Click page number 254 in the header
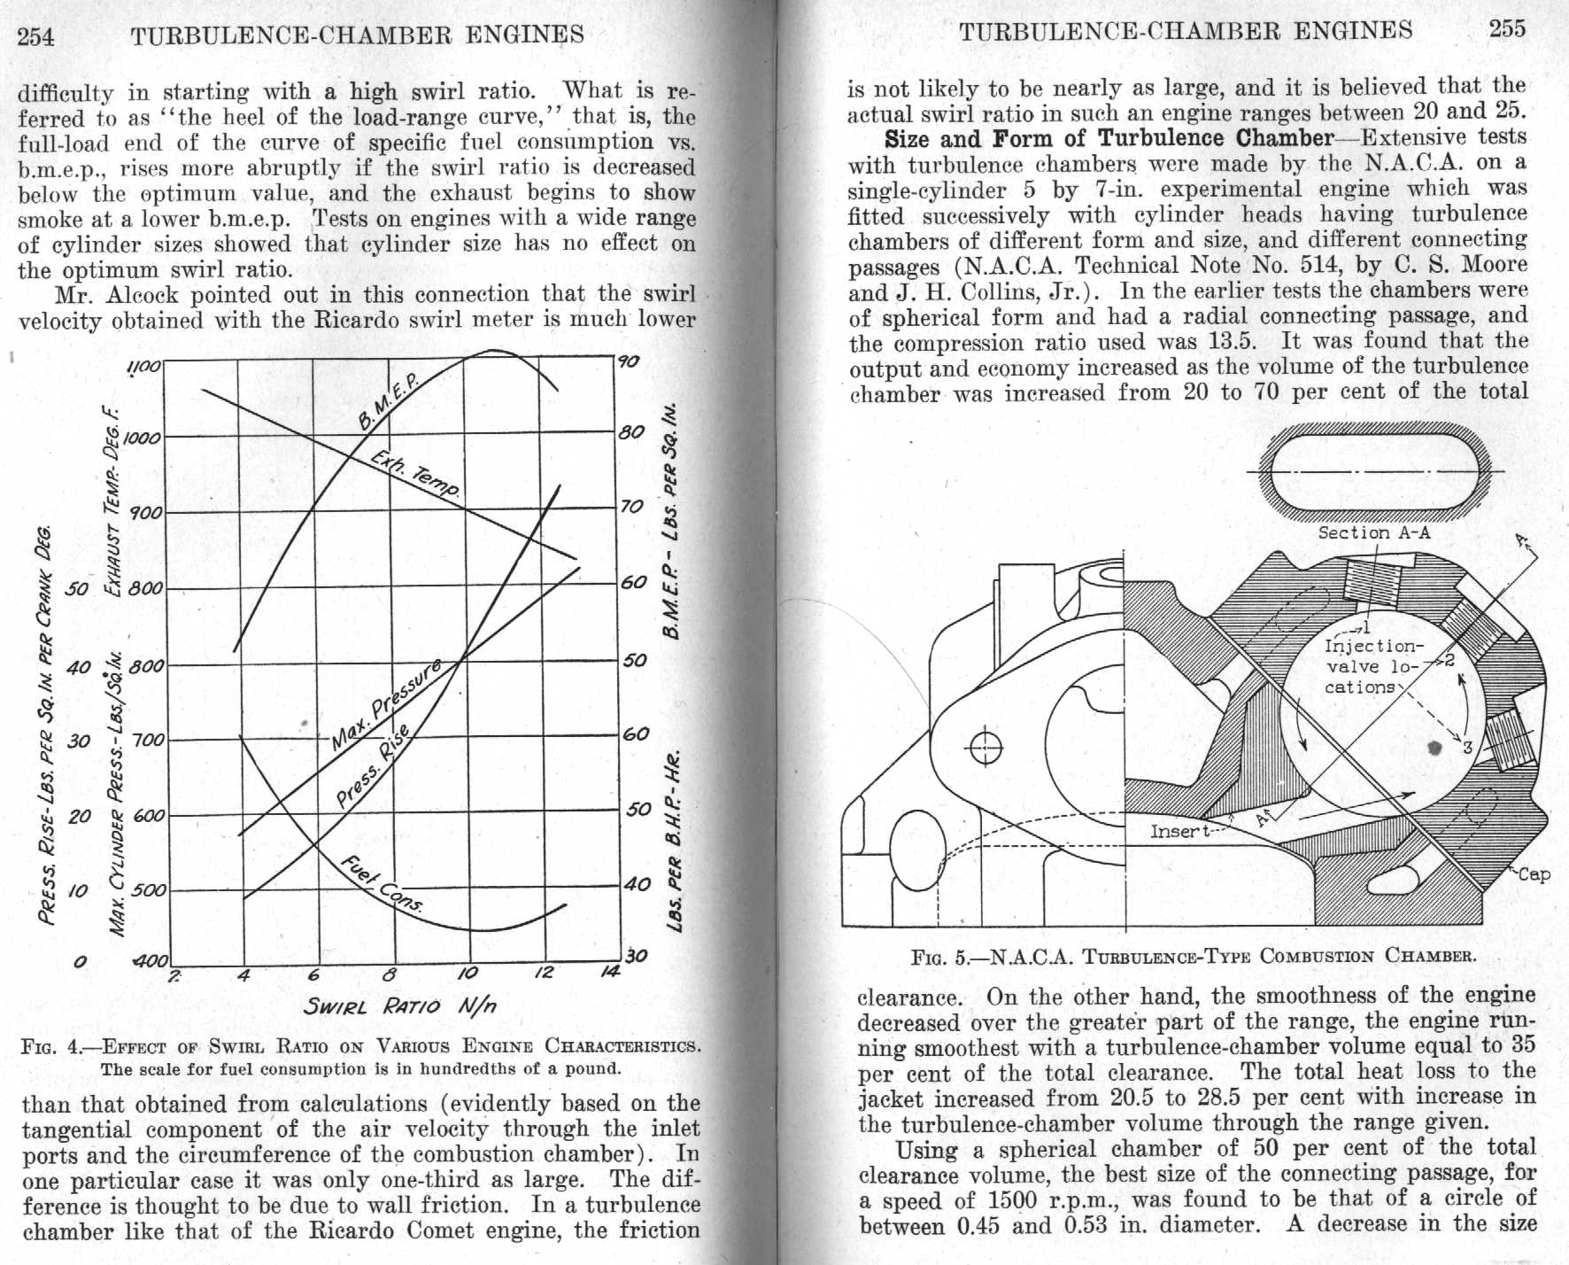(x=36, y=36)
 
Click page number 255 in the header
(x=1507, y=29)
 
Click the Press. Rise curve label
(x=373, y=766)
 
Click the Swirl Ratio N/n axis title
(x=399, y=1005)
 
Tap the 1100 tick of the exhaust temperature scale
(x=143, y=366)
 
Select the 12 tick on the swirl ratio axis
(x=543, y=973)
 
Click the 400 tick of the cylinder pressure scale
(x=151, y=960)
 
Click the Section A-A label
(x=1373, y=532)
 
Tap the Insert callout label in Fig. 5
(x=1179, y=831)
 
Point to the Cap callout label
(x=1534, y=874)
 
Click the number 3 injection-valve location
(x=1467, y=748)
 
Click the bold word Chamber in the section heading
(x=1284, y=138)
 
